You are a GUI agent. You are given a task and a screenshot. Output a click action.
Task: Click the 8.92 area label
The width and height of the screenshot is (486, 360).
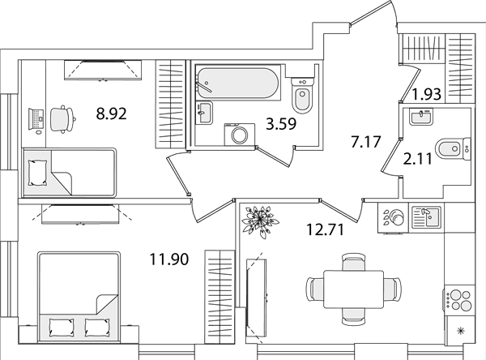click(111, 114)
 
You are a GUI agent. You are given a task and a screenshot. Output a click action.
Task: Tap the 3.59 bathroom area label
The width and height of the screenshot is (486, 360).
click(281, 124)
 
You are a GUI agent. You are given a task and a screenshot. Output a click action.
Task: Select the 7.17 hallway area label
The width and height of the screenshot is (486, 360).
click(365, 142)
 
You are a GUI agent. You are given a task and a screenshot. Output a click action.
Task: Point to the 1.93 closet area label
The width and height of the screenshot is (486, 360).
click(427, 94)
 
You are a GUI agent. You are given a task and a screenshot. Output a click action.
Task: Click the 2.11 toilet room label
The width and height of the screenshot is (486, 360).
click(417, 159)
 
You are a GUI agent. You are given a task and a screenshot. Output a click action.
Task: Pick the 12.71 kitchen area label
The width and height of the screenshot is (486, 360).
click(325, 230)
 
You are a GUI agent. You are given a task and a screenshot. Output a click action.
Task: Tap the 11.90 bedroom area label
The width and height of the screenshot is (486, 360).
click(169, 259)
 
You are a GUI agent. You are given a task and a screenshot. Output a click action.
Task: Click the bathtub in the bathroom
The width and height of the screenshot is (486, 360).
click(238, 83)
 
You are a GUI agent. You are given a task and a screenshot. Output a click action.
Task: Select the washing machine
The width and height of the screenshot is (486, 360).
click(240, 134)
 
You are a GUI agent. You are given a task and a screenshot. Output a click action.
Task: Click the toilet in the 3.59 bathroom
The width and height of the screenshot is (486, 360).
click(303, 96)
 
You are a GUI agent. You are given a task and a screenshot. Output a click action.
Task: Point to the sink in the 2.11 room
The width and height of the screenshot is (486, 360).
click(421, 117)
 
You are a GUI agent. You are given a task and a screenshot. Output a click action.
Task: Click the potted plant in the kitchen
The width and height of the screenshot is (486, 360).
click(260, 221)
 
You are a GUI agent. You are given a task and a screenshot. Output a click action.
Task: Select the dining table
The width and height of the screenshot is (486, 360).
click(353, 289)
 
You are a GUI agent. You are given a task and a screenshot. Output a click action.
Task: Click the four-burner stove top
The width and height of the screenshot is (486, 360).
click(458, 300)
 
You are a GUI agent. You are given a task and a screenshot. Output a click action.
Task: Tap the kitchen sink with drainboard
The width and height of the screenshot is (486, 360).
click(426, 217)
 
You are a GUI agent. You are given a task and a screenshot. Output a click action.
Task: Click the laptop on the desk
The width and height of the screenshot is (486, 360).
click(35, 119)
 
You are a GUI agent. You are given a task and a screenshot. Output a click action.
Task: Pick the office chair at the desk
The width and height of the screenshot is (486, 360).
click(62, 119)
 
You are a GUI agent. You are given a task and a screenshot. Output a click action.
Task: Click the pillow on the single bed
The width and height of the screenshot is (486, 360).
click(38, 173)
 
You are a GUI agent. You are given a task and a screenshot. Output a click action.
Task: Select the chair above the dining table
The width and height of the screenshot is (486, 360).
click(354, 262)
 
